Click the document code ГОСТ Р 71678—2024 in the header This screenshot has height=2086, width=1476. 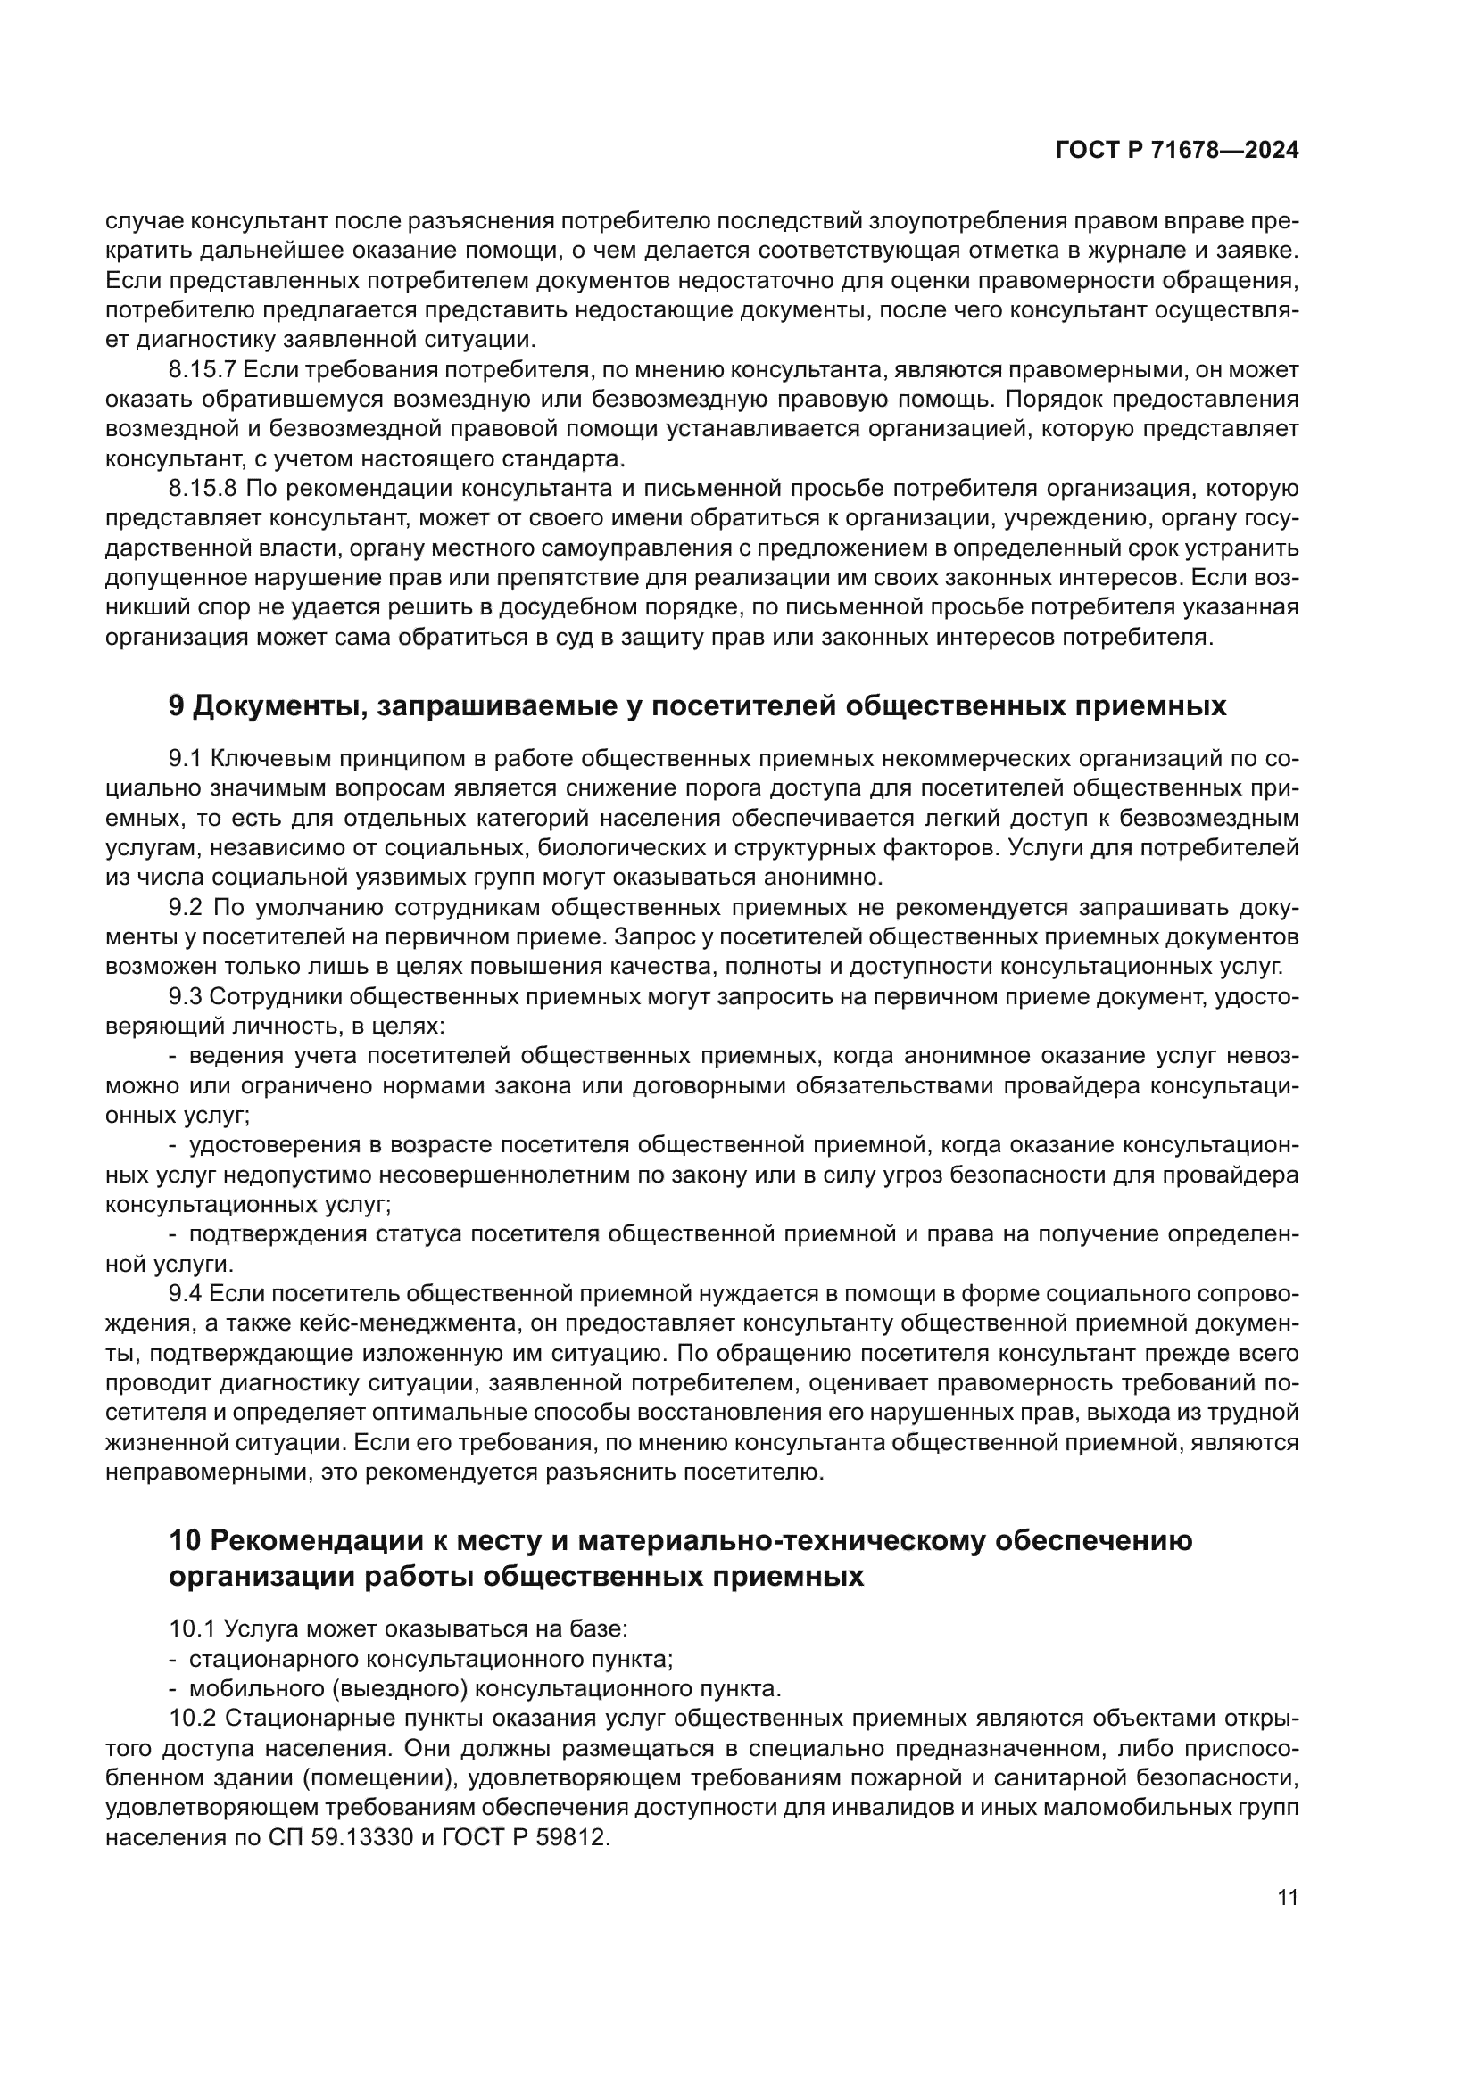1177,151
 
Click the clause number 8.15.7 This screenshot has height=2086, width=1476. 202,370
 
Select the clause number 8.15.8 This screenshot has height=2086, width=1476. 202,489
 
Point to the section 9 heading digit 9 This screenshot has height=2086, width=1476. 178,706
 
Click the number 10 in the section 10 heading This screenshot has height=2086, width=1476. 185,1542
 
